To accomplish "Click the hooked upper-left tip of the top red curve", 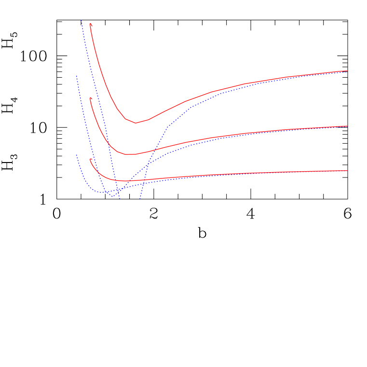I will click(90, 23).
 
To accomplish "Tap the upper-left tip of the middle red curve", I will click(90, 98).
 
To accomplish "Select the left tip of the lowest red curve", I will click(90, 159).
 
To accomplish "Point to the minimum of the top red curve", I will click(136, 123).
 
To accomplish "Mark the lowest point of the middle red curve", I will click(129, 154).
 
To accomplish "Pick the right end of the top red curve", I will click(347, 71).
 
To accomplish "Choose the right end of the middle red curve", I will click(347, 126).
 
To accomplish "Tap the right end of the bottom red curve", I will click(347, 171).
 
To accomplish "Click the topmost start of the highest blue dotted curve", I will click(82, 20).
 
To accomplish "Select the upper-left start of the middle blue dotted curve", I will click(76, 75).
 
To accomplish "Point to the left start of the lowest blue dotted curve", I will click(76, 154).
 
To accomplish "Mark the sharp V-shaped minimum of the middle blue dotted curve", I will click(112, 196).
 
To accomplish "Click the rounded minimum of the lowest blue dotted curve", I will click(99, 192).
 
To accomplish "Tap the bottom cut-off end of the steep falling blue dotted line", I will click(120, 199).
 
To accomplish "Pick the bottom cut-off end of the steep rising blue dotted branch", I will click(140, 199).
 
